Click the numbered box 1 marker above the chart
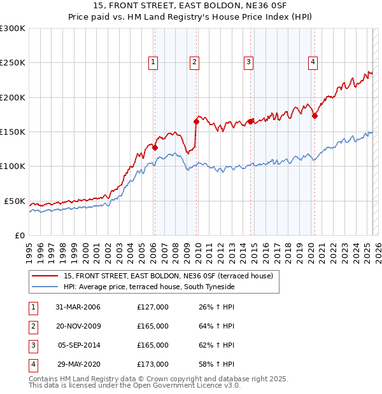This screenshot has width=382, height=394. tap(154, 62)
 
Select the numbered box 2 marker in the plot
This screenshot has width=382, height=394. tap(194, 62)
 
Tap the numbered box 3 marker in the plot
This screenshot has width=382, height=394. tap(248, 62)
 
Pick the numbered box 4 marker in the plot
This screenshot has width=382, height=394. tap(313, 62)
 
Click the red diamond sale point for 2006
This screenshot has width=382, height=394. tap(155, 147)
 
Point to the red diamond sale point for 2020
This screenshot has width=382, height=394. tap(315, 116)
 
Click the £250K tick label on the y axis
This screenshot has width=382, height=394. tap(13, 63)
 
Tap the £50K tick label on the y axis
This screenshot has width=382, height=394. tap(15, 201)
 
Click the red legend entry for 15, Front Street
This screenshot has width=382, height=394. tap(168, 276)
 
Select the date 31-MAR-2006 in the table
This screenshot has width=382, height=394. tap(78, 307)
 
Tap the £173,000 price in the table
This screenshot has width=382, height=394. tap(153, 364)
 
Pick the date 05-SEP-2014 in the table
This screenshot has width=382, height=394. tap(78, 345)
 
